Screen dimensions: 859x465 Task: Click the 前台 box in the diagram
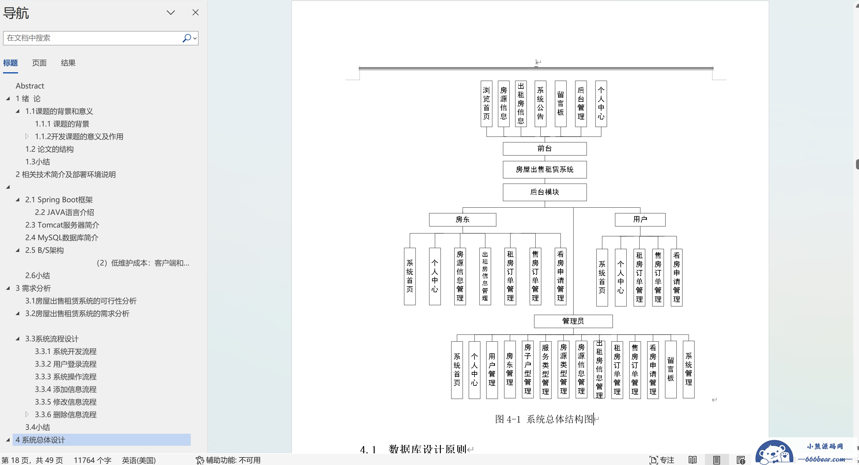click(545, 149)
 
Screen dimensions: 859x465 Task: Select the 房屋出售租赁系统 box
click(545, 169)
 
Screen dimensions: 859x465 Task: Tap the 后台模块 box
click(545, 192)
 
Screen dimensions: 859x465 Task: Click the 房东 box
click(462, 219)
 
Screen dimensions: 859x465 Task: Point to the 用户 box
click(640, 219)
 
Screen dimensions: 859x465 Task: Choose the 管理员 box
click(573, 321)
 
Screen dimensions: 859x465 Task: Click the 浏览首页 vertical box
click(487, 104)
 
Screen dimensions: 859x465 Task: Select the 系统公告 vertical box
click(540, 104)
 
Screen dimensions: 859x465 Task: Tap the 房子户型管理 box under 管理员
click(527, 370)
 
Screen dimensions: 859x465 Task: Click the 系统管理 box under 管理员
click(689, 370)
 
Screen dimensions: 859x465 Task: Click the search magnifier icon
click(187, 38)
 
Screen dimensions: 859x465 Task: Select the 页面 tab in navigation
click(39, 63)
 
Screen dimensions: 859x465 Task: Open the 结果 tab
click(68, 63)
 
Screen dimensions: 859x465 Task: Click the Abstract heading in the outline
click(30, 86)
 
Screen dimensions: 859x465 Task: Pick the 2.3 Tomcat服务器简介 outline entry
click(62, 225)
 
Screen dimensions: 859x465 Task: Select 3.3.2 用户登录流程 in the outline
click(66, 364)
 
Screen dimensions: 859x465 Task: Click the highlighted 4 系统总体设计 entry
click(40, 440)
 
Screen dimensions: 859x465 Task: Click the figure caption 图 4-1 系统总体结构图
click(544, 419)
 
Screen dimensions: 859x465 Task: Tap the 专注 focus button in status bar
click(662, 460)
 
